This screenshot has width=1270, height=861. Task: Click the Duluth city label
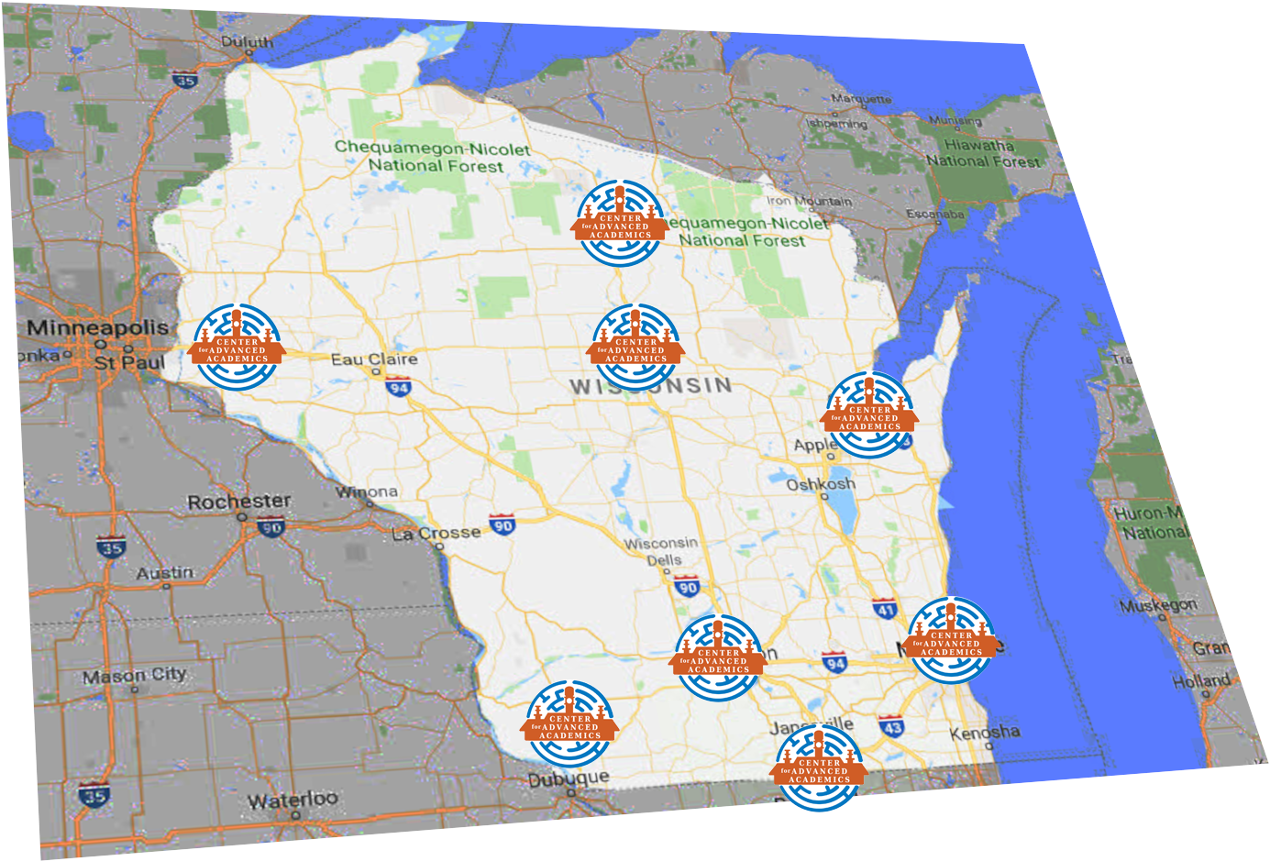(247, 42)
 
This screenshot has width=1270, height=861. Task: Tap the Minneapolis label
(97, 327)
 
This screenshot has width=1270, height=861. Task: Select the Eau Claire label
(374, 359)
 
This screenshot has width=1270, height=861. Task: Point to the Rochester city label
(238, 502)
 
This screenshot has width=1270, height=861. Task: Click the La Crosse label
(436, 534)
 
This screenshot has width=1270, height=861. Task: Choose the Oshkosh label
(821, 484)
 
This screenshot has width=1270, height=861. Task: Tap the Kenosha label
(985, 734)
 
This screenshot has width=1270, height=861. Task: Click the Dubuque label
(569, 779)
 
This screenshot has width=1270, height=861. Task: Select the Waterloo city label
(292, 800)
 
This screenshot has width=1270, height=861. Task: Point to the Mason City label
(135, 677)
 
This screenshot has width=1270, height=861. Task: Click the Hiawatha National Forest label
(982, 153)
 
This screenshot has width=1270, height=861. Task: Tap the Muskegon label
(1158, 605)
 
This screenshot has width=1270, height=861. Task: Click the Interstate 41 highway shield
(884, 608)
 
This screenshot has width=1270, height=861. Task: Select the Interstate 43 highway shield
(891, 727)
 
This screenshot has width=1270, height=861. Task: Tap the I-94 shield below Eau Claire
(398, 388)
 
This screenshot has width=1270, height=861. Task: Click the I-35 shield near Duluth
(185, 81)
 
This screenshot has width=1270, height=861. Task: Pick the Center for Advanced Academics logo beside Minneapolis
(237, 348)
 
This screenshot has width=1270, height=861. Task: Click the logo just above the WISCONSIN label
(636, 348)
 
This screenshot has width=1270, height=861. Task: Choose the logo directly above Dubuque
(569, 724)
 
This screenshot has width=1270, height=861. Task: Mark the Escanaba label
(935, 215)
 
